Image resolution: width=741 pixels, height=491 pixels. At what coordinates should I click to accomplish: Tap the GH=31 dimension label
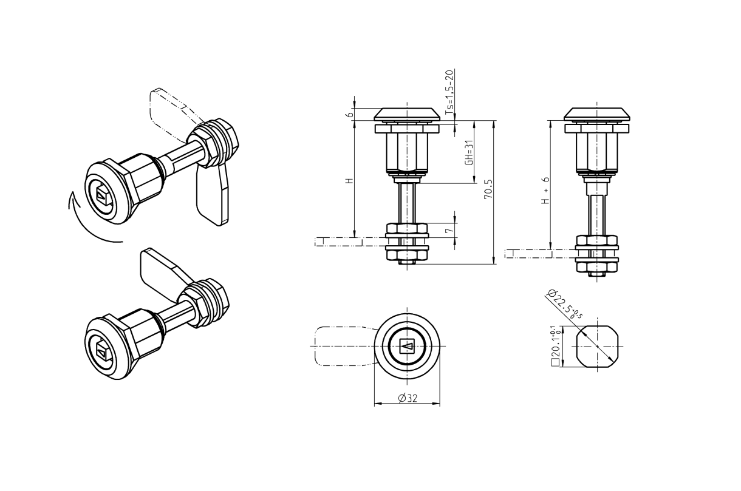pos(468,153)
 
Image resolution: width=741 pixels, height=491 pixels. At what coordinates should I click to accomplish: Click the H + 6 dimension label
pos(546,191)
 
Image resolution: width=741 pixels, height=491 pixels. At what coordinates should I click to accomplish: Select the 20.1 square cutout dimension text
pos(555,347)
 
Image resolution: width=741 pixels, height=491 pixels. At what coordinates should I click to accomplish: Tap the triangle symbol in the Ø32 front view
pos(407,347)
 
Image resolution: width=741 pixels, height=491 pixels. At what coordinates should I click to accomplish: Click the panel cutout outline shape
pos(597,347)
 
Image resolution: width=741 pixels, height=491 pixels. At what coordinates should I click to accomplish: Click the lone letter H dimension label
pos(348,181)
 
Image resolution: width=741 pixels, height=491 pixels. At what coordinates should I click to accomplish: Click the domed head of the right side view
pos(597,113)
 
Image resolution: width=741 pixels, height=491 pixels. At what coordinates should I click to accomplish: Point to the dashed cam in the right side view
pos(528,252)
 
